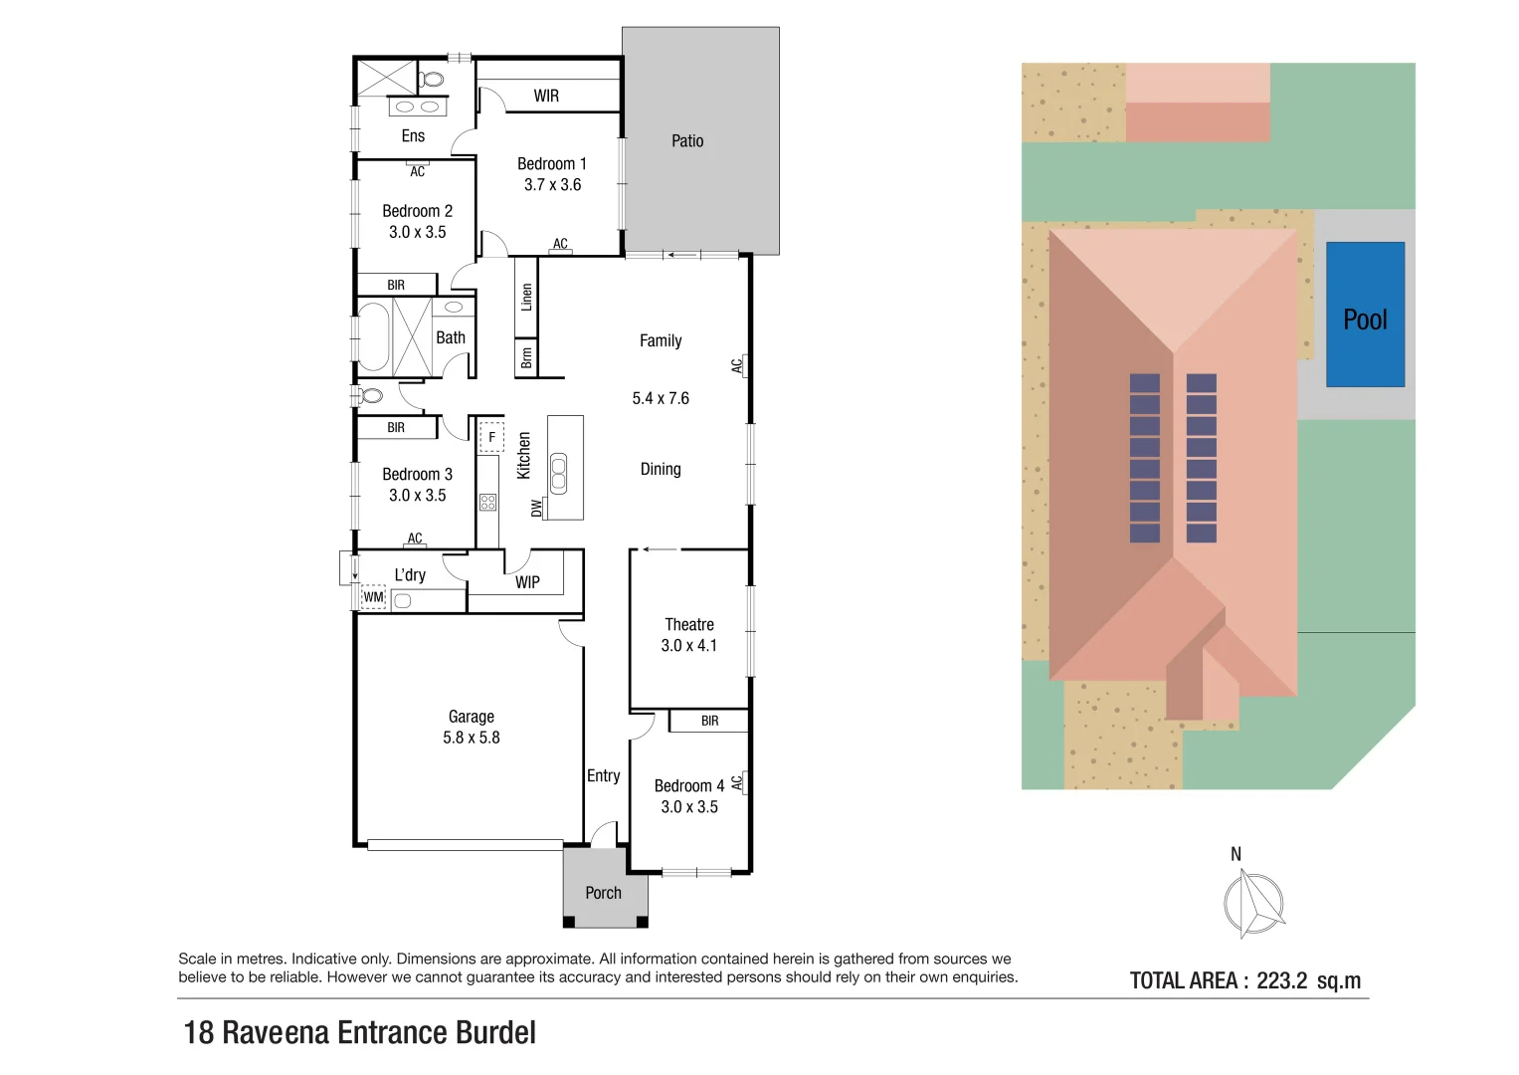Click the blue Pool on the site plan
pyautogui.click(x=1365, y=315)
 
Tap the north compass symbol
pyautogui.click(x=1252, y=903)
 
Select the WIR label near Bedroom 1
pyautogui.click(x=546, y=96)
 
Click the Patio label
pyautogui.click(x=687, y=141)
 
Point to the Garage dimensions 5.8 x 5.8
pyautogui.click(x=472, y=738)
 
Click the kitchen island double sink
pyautogui.click(x=559, y=473)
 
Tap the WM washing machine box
pyautogui.click(x=373, y=597)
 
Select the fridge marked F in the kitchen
pyautogui.click(x=491, y=437)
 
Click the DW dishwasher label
pyautogui.click(x=537, y=508)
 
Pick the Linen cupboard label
pyautogui.click(x=526, y=297)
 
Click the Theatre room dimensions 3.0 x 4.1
pyautogui.click(x=688, y=646)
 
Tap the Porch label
pyautogui.click(x=603, y=893)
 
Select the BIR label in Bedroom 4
pyautogui.click(x=709, y=721)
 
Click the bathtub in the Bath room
pyautogui.click(x=373, y=336)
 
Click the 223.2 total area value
pyautogui.click(x=1281, y=980)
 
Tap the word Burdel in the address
pyautogui.click(x=495, y=1032)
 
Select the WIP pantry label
pyautogui.click(x=527, y=582)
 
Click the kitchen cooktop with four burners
pyautogui.click(x=487, y=502)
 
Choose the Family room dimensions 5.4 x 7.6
pyautogui.click(x=661, y=398)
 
